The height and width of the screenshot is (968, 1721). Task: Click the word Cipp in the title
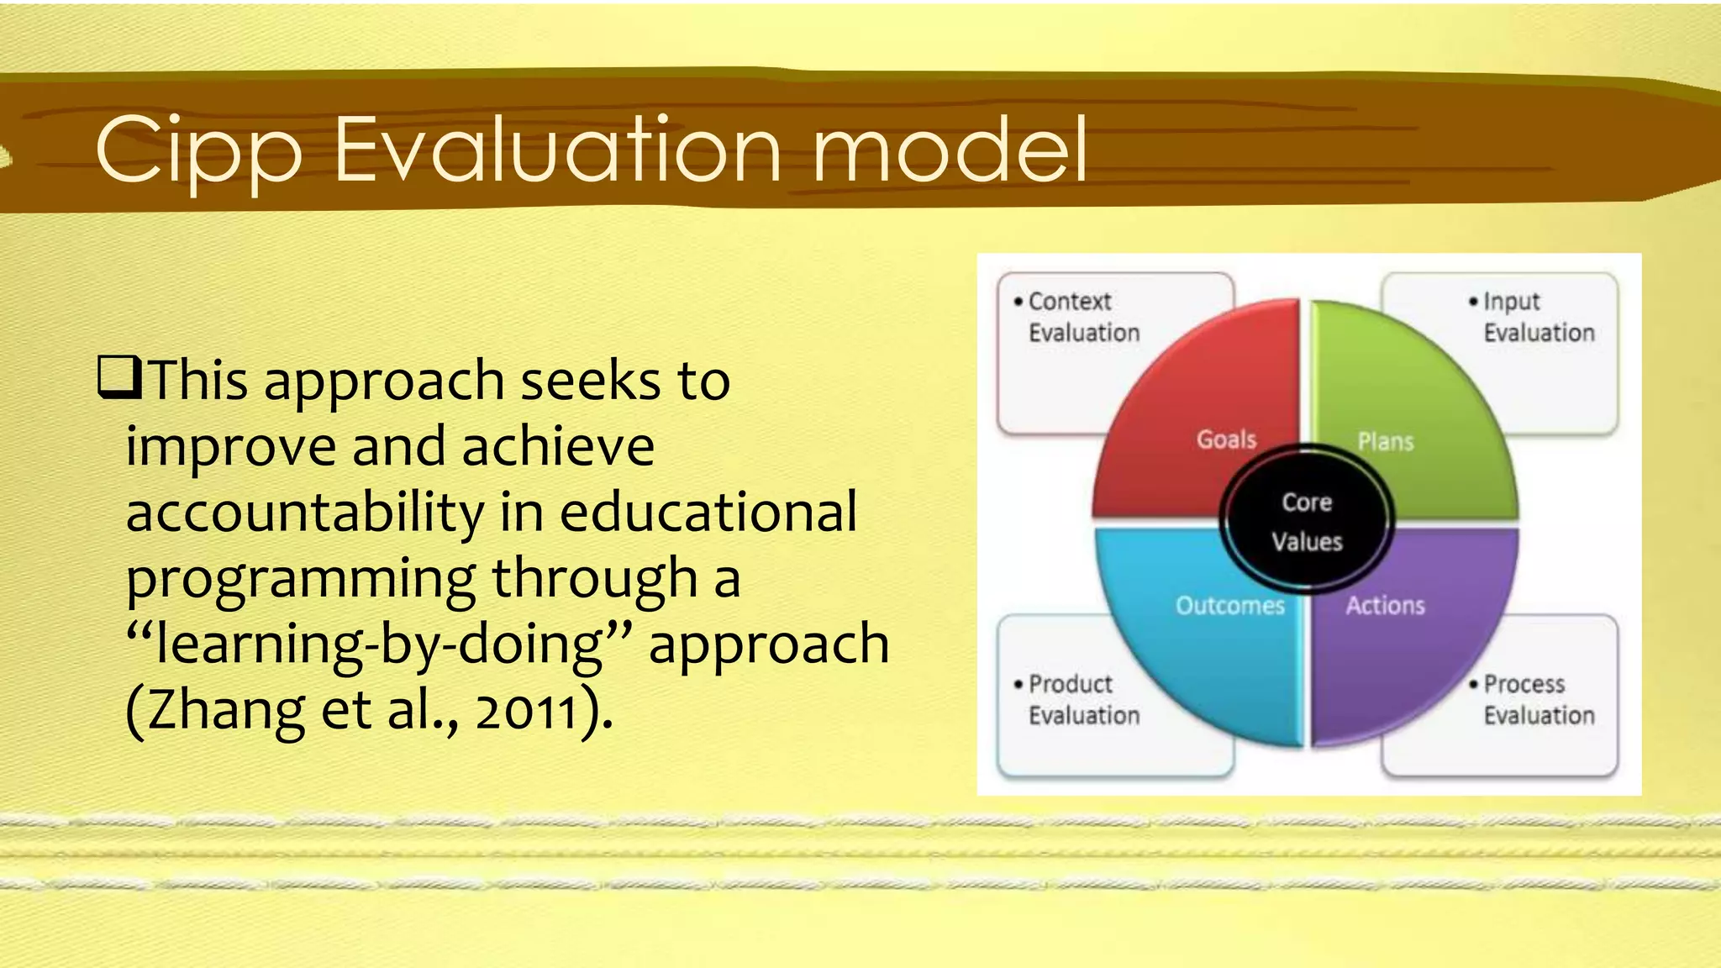pyautogui.click(x=198, y=151)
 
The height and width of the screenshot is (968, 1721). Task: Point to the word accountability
pyautogui.click(x=305, y=513)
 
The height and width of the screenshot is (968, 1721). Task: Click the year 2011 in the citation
pyautogui.click(x=528, y=710)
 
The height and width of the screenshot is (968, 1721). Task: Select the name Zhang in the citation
pyautogui.click(x=227, y=710)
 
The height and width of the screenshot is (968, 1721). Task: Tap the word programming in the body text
pyautogui.click(x=301, y=580)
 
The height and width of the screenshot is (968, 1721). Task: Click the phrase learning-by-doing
pyautogui.click(x=378, y=644)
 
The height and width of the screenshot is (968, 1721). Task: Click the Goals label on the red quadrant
pyautogui.click(x=1226, y=439)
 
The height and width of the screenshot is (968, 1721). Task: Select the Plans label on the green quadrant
pyautogui.click(x=1386, y=442)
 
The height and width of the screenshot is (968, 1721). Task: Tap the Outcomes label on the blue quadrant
pyautogui.click(x=1230, y=606)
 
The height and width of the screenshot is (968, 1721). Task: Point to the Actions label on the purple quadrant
pyautogui.click(x=1386, y=606)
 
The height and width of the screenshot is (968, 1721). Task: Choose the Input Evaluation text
pyautogui.click(x=1538, y=317)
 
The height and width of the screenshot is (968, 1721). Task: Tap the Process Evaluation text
pyautogui.click(x=1538, y=699)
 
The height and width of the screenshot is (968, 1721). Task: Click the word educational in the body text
pyautogui.click(x=708, y=513)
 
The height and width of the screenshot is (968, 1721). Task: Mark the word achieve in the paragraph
pyautogui.click(x=558, y=446)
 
